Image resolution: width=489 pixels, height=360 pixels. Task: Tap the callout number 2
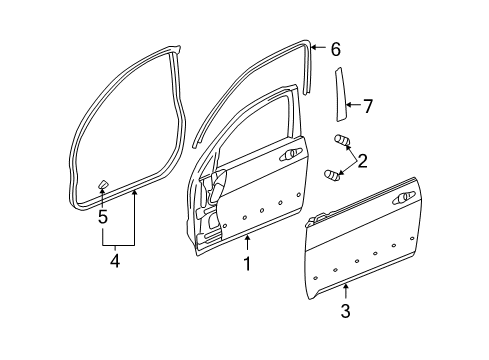click(x=362, y=159)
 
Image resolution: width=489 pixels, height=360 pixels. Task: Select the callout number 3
click(x=344, y=312)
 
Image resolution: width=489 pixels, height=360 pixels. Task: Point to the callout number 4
click(x=116, y=261)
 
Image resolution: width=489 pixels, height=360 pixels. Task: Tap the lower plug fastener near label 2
click(x=333, y=175)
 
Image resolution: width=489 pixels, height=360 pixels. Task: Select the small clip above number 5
click(x=102, y=184)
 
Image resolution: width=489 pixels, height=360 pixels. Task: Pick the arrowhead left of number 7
click(x=346, y=103)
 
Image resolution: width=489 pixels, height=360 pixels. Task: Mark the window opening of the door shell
click(x=255, y=120)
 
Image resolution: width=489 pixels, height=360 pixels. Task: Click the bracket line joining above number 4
click(x=116, y=244)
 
